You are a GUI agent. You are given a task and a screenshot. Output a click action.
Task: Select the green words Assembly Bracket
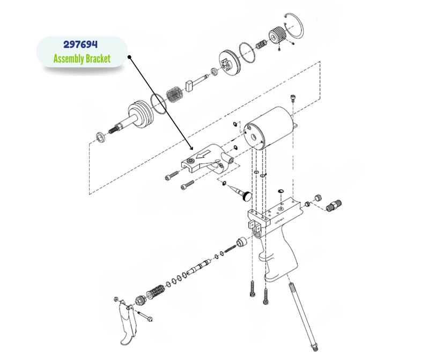(82, 58)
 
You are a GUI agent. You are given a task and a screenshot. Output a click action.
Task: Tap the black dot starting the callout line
(128, 57)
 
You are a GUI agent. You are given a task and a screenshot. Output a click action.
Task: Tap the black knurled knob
(246, 196)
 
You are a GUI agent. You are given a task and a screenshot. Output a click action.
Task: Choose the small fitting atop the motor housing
(293, 98)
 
